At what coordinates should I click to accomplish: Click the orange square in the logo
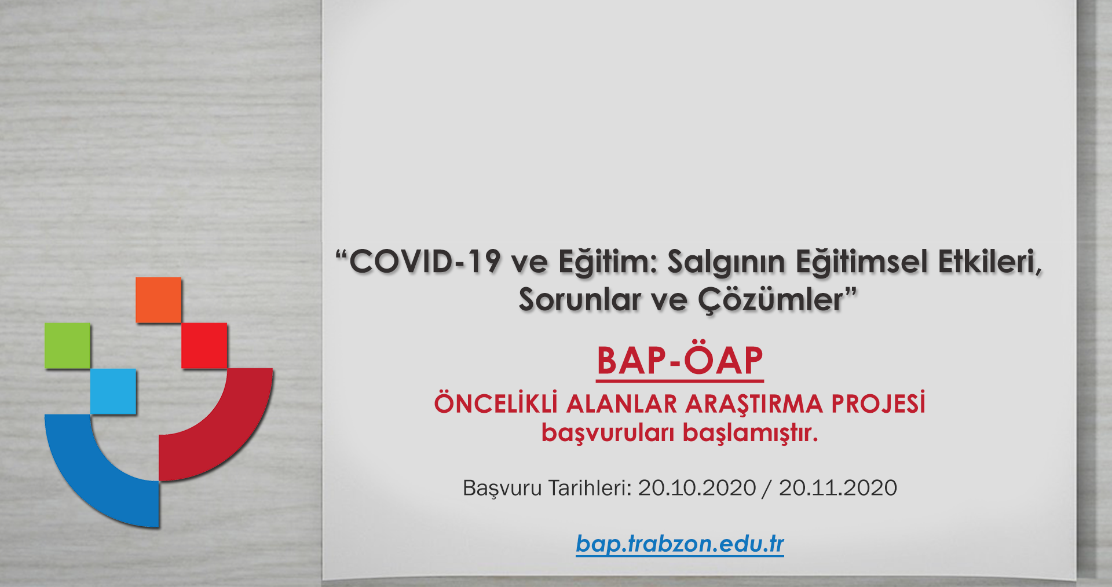pyautogui.click(x=159, y=300)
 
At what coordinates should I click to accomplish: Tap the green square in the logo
pyautogui.click(x=68, y=346)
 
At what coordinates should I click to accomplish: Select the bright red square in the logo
pyautogui.click(x=204, y=346)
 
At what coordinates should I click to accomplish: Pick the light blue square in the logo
pyautogui.click(x=114, y=391)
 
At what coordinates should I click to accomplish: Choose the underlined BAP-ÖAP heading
pyautogui.click(x=680, y=362)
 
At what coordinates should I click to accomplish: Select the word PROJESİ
pyautogui.click(x=879, y=403)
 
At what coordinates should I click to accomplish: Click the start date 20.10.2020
pyautogui.click(x=697, y=488)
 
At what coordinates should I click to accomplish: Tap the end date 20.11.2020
pyautogui.click(x=837, y=488)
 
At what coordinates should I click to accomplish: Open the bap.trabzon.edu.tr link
pyautogui.click(x=680, y=544)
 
